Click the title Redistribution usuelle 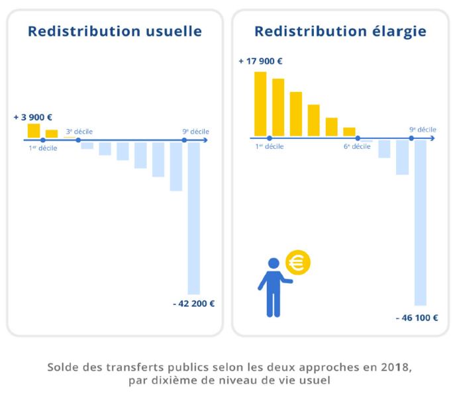pos(115,32)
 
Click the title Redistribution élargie pos(340,32)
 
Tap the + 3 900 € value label pos(32,117)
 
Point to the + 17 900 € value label pos(260,62)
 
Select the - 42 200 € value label pos(193,304)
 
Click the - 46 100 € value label pos(417,318)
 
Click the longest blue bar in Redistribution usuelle pos(193,218)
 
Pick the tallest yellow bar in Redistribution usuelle pos(34,131)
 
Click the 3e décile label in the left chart pos(79,131)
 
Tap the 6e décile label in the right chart pos(357,146)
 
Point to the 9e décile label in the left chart pos(195,131)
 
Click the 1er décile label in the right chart pos(270,146)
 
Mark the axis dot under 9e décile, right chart pos(411,138)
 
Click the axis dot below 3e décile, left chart pos(78,140)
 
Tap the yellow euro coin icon pos(297,263)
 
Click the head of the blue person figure pos(273,263)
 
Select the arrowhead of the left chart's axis pos(205,140)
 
